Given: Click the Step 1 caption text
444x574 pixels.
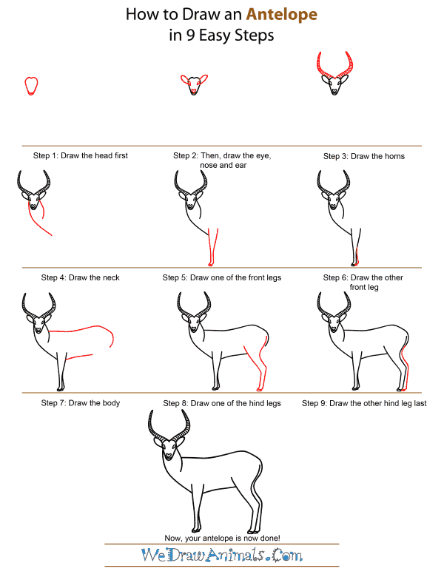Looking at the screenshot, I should coord(80,156).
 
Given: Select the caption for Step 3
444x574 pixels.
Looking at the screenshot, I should coord(363,156).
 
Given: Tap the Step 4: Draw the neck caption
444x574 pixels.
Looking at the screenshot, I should coord(80,277).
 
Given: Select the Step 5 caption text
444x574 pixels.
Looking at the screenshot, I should coord(222,277).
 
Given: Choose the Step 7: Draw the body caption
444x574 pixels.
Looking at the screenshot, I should coord(80,403).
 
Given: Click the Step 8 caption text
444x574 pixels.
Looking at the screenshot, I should coord(222,403).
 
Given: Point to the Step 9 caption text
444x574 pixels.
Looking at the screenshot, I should coord(364,403).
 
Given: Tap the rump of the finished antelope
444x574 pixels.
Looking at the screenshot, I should coord(255,466).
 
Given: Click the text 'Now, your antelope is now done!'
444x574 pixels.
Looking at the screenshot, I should coord(222,537).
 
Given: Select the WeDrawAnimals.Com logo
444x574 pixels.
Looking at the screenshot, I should coord(222,555).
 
